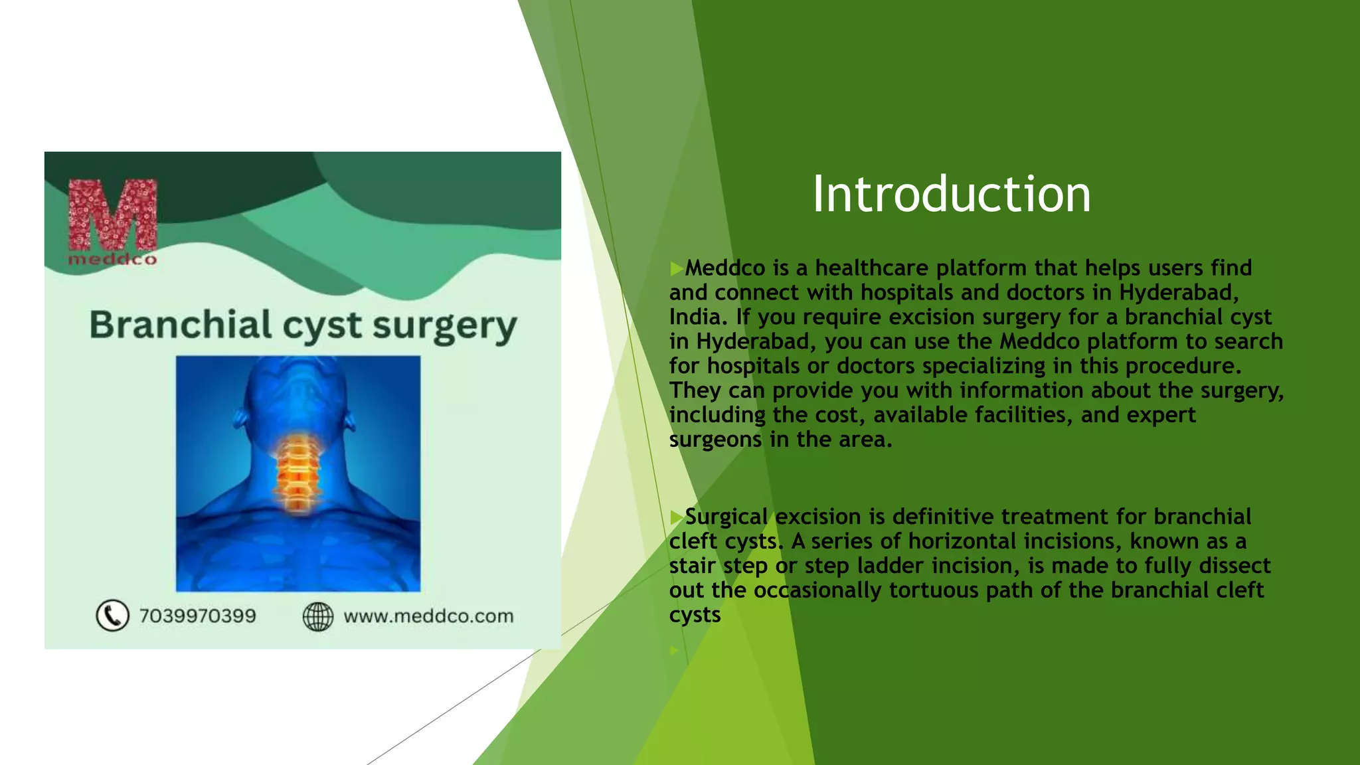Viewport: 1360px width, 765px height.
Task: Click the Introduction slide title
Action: [951, 195]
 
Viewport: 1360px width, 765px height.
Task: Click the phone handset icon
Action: [112, 616]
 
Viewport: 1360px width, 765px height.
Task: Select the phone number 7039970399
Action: [197, 616]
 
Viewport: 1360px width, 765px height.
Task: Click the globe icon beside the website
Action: [318, 616]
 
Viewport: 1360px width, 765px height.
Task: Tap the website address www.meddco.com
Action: [428, 616]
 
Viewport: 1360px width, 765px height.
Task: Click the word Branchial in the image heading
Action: [180, 325]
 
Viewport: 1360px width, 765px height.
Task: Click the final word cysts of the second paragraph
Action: [695, 615]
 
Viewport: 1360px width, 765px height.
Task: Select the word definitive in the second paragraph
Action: [943, 517]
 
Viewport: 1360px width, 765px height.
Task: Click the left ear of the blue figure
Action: [240, 418]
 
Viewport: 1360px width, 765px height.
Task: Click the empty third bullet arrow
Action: [674, 651]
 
